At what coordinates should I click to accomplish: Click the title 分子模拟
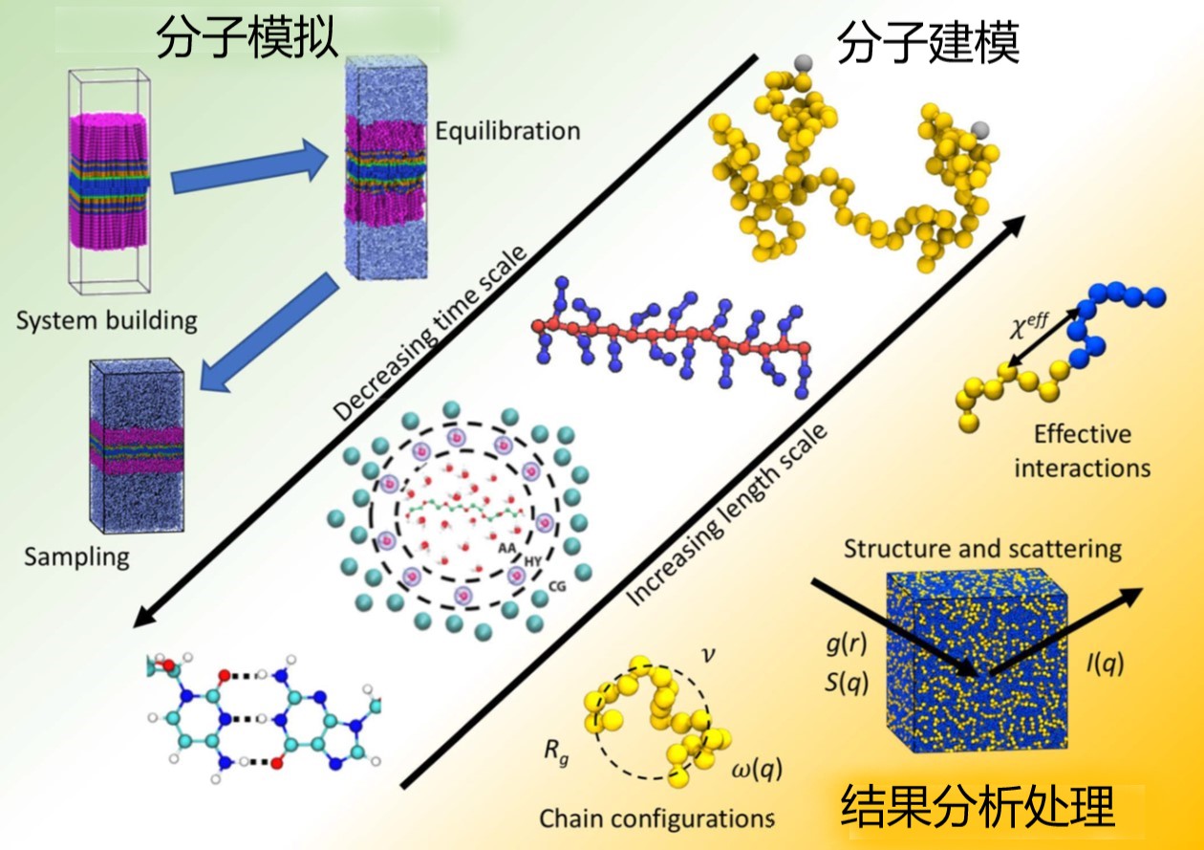click(x=247, y=36)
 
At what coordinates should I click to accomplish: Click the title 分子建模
click(x=929, y=42)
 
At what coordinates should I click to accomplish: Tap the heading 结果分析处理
click(x=978, y=806)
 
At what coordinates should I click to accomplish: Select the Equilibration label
click(x=507, y=131)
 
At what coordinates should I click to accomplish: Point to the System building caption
click(x=106, y=320)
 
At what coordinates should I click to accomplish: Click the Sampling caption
click(x=76, y=556)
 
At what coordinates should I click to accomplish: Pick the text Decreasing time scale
click(x=429, y=333)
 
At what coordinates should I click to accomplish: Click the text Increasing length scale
click(x=725, y=515)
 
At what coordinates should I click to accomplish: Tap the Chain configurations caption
click(x=656, y=818)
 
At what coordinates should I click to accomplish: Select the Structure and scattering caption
click(x=982, y=549)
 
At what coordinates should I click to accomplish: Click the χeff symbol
click(x=1028, y=325)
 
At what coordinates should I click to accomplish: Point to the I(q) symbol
click(x=1105, y=665)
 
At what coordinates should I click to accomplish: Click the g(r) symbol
click(x=847, y=644)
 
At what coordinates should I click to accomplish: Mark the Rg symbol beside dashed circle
click(x=556, y=751)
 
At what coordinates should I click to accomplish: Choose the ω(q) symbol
click(x=757, y=770)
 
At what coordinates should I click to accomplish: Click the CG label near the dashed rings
click(x=557, y=586)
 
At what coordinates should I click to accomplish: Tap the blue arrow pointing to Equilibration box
click(x=249, y=165)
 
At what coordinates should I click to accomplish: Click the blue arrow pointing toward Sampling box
click(x=269, y=333)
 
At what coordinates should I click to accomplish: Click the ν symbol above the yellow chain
click(x=709, y=655)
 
